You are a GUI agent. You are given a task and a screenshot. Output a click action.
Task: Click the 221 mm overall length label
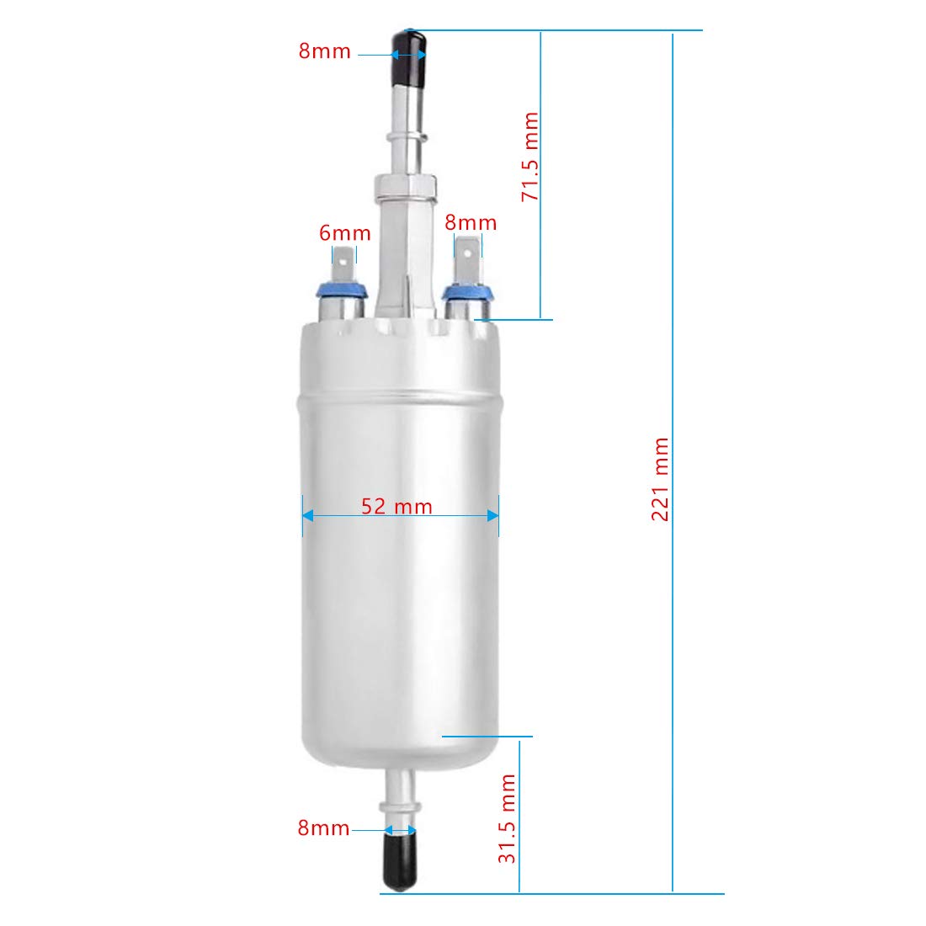click(x=661, y=479)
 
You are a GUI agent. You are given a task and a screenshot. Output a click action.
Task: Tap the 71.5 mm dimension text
click(x=530, y=157)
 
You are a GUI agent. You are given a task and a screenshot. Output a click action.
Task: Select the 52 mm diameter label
click(x=396, y=507)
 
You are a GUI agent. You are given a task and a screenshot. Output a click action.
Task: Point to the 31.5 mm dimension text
click(x=507, y=819)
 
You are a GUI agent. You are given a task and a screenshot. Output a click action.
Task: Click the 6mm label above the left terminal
click(x=344, y=233)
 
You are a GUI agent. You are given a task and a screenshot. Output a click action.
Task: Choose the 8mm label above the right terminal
click(x=471, y=223)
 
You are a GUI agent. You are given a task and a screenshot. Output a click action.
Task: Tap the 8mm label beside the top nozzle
click(x=324, y=51)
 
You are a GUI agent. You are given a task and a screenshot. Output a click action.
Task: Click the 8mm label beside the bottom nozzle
click(x=323, y=828)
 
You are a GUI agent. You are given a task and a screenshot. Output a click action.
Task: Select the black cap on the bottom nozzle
click(x=401, y=855)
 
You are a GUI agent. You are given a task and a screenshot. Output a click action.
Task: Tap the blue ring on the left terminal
click(x=341, y=292)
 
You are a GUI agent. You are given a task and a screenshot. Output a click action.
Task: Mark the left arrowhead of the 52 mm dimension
click(x=308, y=515)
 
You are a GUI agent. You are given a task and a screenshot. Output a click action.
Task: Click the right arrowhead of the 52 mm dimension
click(x=492, y=515)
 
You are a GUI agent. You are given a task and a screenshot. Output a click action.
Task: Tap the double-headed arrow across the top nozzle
click(x=407, y=56)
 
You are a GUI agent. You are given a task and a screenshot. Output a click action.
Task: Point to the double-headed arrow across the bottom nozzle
click(x=401, y=831)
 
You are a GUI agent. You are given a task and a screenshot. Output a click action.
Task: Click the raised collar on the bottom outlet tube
click(x=401, y=806)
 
